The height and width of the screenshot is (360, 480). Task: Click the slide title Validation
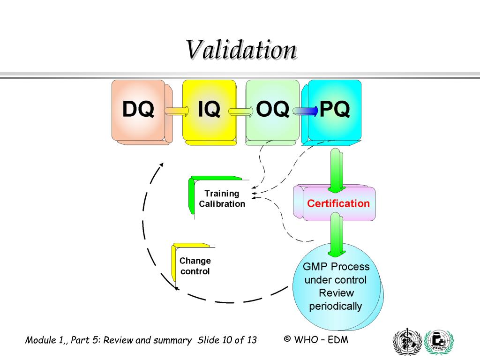point(241,50)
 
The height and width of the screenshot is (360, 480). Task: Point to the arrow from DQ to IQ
point(177,111)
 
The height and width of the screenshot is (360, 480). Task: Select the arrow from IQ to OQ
point(240,111)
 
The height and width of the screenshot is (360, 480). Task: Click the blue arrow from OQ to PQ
point(304,111)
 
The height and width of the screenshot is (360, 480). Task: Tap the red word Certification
point(338,203)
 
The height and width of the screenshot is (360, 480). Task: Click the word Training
point(222,194)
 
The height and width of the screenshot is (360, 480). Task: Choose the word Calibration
point(222,204)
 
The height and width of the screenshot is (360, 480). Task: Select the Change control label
point(195,266)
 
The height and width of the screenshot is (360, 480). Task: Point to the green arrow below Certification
point(337,234)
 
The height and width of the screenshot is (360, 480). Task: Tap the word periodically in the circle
point(335,307)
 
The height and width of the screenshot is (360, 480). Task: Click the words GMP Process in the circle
point(336,267)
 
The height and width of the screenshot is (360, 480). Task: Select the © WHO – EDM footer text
point(316,339)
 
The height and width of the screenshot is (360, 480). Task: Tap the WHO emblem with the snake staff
point(407,342)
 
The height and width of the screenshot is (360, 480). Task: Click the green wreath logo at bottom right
point(439,342)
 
